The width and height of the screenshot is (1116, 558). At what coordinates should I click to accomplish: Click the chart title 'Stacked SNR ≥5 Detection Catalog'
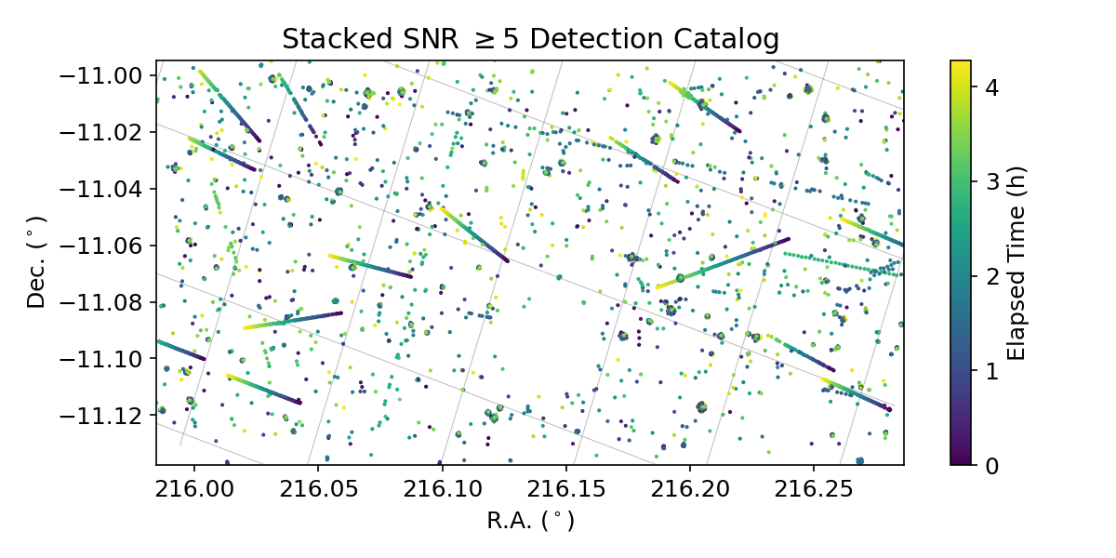(530, 39)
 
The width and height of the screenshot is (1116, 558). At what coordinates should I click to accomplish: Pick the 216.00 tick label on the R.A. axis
(194, 488)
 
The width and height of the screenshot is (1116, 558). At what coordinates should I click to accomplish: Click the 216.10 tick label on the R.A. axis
(442, 488)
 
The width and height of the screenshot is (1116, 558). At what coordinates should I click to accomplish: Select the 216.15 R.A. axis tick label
(565, 488)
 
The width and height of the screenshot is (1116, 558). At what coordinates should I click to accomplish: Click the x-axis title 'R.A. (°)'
(530, 521)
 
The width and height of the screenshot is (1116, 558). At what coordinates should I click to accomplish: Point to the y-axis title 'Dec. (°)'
(36, 262)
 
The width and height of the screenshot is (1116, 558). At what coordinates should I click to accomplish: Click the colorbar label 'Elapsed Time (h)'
(1016, 262)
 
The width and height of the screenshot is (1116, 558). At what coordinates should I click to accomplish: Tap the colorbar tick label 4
(992, 87)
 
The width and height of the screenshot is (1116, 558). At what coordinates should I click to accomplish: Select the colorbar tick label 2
(992, 276)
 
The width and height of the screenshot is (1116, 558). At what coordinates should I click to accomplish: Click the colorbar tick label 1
(992, 370)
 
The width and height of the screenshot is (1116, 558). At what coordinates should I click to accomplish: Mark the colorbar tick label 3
(992, 182)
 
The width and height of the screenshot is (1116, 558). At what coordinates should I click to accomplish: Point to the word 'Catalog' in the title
(732, 39)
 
